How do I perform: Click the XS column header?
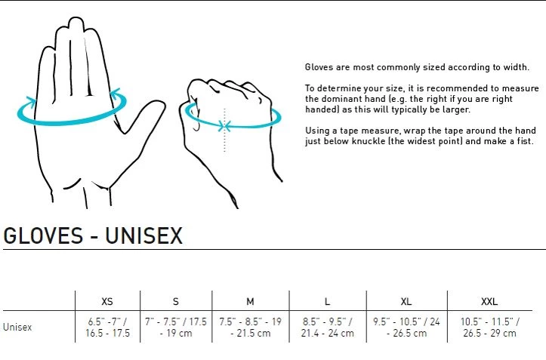coord(107,301)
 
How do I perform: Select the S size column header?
coord(176,301)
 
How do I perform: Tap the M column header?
coord(250,301)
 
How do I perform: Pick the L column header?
coord(327,301)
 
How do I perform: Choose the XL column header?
coord(406,301)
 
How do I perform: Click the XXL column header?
coord(489,301)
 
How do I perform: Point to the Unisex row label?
coord(17,327)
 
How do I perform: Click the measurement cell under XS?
coord(107,328)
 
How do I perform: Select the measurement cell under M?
coord(251,328)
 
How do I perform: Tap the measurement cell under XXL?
coord(489,328)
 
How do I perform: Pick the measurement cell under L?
coord(327,328)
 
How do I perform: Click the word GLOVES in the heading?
coord(43,235)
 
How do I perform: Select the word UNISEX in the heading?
coord(143,235)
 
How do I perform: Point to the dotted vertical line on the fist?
coord(224,130)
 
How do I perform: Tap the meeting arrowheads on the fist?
coord(225,126)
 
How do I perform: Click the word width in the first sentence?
coord(516,67)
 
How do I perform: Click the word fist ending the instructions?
coord(524,141)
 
